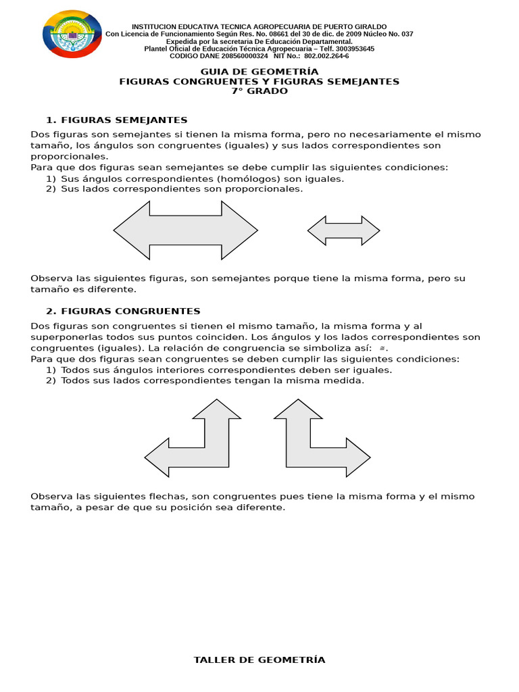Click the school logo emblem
click(x=72, y=34)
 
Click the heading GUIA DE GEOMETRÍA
click(x=259, y=72)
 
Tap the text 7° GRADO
click(x=259, y=91)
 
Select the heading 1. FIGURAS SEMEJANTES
click(x=116, y=120)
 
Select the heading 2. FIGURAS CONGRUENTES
click(x=123, y=312)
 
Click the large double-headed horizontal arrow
click(x=185, y=230)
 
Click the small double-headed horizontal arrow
click(x=343, y=230)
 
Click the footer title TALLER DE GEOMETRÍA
click(x=259, y=660)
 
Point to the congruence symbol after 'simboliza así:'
click(x=382, y=348)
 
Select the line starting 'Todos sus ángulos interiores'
click(x=226, y=370)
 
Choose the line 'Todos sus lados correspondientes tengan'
click(x=212, y=380)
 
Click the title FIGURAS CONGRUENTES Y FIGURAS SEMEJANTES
click(x=259, y=82)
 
